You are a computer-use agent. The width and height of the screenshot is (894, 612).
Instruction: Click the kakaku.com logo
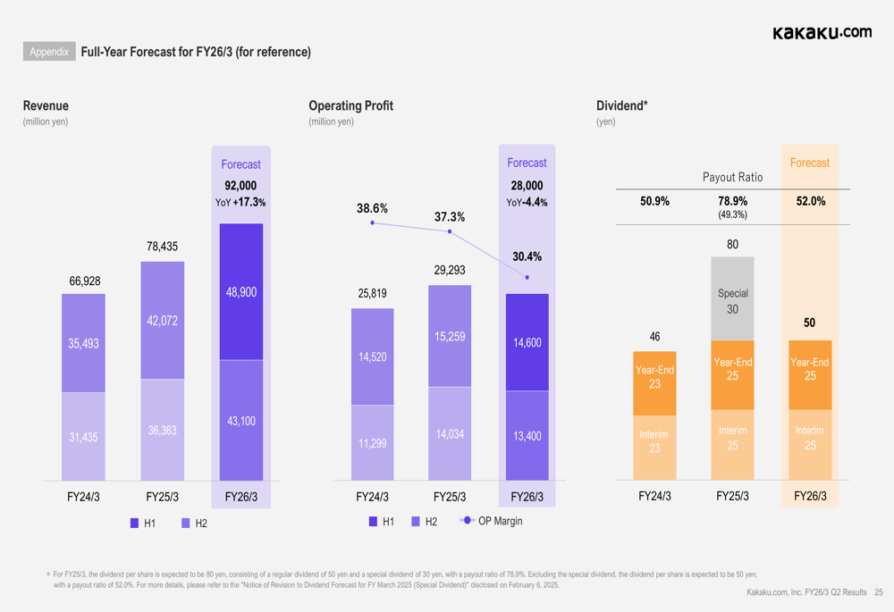point(822,32)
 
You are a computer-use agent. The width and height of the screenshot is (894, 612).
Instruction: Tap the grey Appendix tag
point(49,52)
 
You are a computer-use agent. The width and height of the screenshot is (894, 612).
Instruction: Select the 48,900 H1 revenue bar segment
point(241,291)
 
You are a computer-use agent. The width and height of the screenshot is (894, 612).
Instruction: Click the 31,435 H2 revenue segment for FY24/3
point(83,437)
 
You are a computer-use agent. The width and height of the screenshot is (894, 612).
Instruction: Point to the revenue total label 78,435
point(162,247)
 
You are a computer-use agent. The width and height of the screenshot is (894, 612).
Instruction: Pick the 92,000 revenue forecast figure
point(240,186)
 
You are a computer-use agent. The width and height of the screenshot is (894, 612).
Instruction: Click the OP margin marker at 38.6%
point(372,222)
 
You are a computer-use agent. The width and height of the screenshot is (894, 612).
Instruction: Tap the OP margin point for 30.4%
point(527,278)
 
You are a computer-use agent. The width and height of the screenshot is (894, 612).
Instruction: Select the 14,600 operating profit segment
point(527,342)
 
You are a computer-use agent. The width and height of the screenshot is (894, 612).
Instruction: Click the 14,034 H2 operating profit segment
point(450,434)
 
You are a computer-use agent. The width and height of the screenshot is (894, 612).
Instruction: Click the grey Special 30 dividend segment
point(733,299)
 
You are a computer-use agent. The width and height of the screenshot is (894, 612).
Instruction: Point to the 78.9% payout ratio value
point(733,201)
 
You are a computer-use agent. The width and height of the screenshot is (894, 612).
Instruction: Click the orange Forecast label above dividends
point(810,163)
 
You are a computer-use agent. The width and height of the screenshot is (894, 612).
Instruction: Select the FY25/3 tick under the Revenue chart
point(162,497)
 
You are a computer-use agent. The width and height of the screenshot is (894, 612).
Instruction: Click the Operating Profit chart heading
point(350,105)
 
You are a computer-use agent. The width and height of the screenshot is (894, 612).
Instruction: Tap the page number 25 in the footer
point(879,592)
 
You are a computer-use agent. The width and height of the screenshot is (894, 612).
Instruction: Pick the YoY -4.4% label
point(527,203)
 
